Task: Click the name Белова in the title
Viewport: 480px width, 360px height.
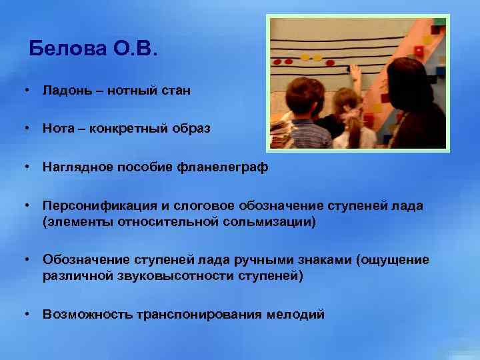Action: (x=67, y=49)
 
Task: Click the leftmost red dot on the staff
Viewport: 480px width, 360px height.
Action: (x=277, y=62)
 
